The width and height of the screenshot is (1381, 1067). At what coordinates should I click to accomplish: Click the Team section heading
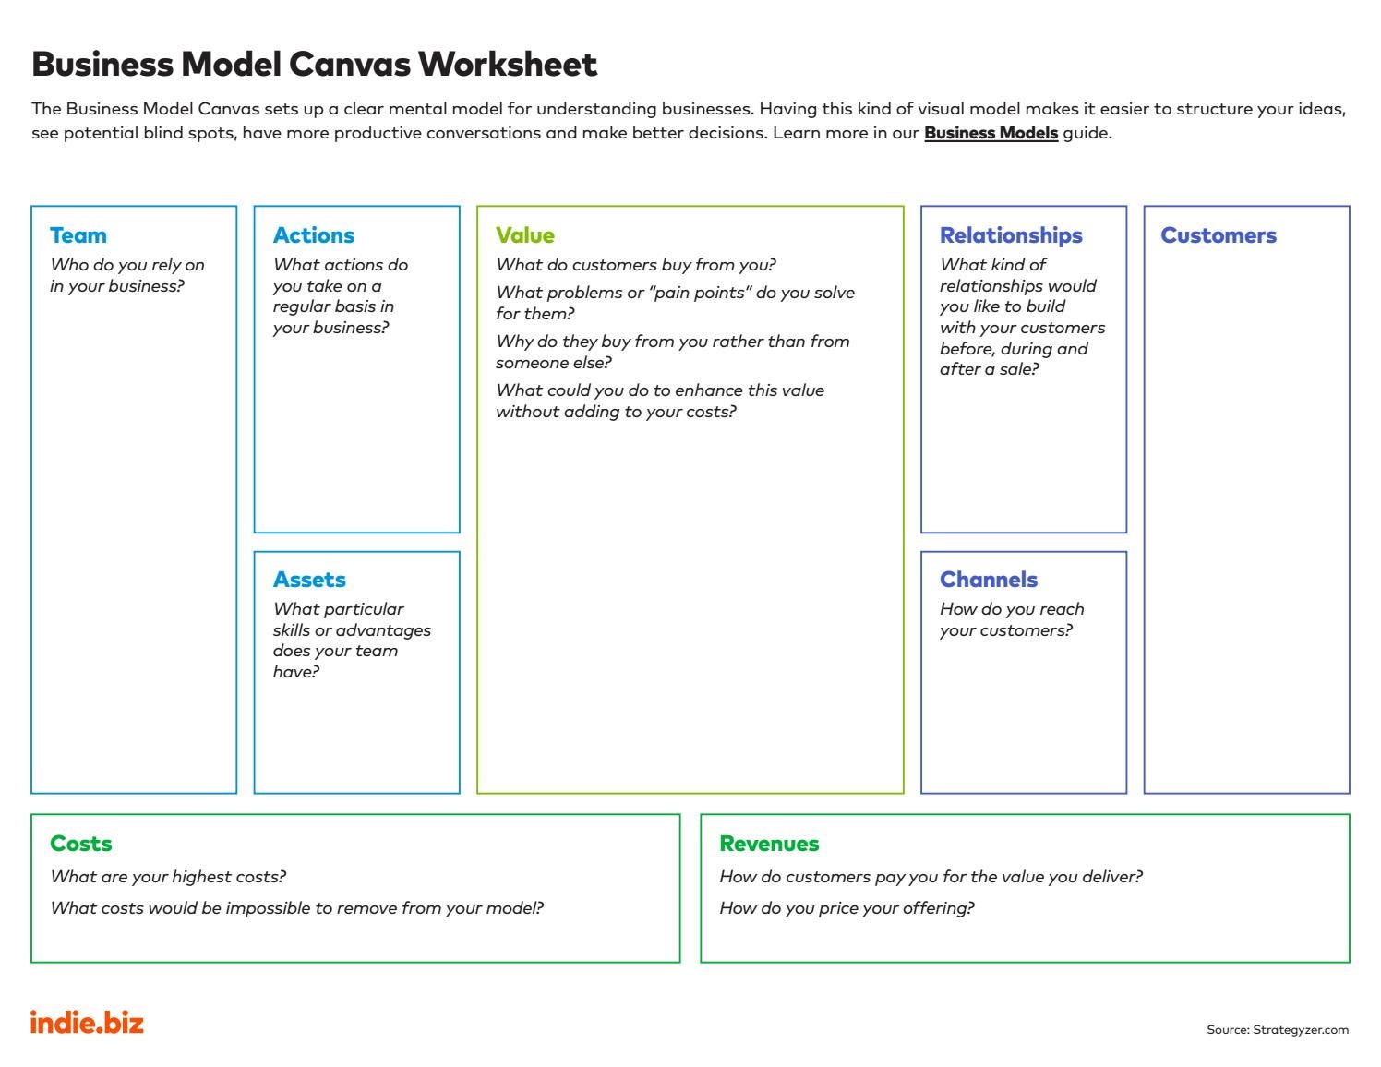(78, 235)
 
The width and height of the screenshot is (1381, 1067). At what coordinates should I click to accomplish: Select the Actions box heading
(314, 235)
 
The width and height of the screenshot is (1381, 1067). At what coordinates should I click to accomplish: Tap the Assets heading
(309, 580)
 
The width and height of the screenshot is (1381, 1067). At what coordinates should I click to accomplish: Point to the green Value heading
(525, 235)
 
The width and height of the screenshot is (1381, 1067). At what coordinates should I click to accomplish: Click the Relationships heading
(1011, 235)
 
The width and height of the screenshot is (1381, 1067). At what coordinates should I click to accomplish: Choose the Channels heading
(989, 580)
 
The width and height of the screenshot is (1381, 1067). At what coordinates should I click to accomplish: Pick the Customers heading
(1219, 235)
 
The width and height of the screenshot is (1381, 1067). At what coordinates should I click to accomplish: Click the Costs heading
(81, 844)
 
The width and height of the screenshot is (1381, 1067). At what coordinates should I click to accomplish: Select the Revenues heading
(769, 844)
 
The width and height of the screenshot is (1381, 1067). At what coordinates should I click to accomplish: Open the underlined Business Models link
(991, 133)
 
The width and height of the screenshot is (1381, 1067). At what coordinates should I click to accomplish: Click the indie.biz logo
(88, 1023)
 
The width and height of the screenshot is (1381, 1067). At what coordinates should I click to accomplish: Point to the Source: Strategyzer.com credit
(1278, 1030)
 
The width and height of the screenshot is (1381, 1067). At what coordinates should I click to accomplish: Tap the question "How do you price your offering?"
(847, 908)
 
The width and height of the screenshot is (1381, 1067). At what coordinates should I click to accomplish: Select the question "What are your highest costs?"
(168, 877)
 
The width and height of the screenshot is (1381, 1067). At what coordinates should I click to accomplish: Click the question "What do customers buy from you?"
(636, 265)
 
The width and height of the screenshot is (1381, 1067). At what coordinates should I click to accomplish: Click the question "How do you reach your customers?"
(1012, 619)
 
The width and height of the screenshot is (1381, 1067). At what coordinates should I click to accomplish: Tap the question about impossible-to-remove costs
(296, 908)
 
